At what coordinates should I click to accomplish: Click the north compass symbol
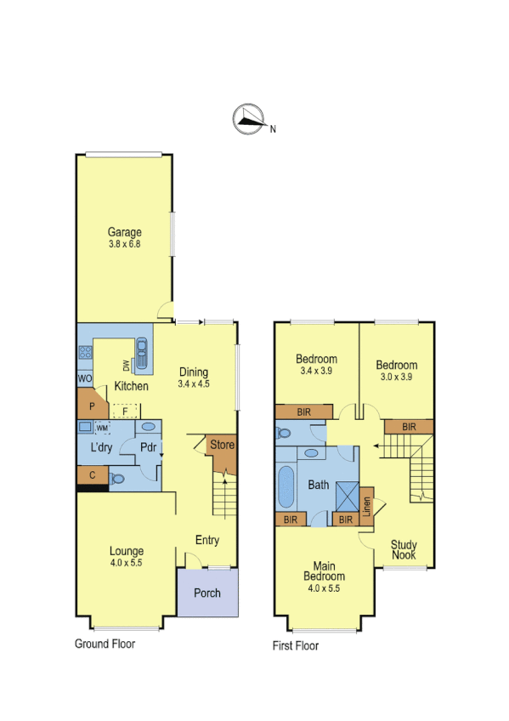pyautogui.click(x=247, y=120)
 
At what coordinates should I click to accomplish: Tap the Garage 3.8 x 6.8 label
pyautogui.click(x=124, y=238)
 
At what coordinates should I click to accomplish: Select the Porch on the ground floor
pyautogui.click(x=207, y=593)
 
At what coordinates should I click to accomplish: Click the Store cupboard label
pyautogui.click(x=223, y=445)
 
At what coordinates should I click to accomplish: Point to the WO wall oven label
pyautogui.click(x=85, y=378)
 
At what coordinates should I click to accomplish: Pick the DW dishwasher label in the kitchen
pyautogui.click(x=127, y=366)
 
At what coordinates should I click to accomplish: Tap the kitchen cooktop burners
pyautogui.click(x=85, y=352)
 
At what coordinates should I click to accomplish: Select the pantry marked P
pyautogui.click(x=90, y=406)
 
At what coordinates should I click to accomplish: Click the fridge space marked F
pyautogui.click(x=125, y=412)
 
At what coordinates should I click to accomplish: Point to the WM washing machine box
pyautogui.click(x=103, y=428)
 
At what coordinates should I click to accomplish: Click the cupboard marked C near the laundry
pyautogui.click(x=91, y=474)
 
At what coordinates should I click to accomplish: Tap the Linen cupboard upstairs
pyautogui.click(x=368, y=508)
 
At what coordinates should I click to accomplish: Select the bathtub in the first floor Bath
pyautogui.click(x=286, y=487)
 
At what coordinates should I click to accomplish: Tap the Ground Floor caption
pyautogui.click(x=105, y=644)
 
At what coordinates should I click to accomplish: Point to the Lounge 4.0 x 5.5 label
pyautogui.click(x=126, y=557)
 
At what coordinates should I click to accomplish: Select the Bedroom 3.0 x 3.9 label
pyautogui.click(x=397, y=371)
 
